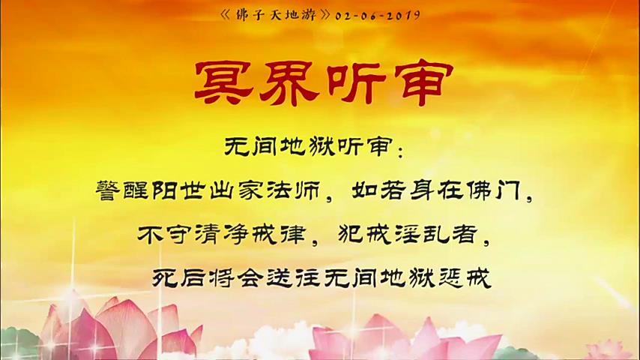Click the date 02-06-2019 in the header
coord(378,16)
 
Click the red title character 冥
coord(224,82)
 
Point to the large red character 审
coord(422,83)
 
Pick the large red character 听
coord(355,82)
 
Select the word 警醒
coord(121,190)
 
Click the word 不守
coord(163,235)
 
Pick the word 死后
coord(178,278)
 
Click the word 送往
coord(292,278)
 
